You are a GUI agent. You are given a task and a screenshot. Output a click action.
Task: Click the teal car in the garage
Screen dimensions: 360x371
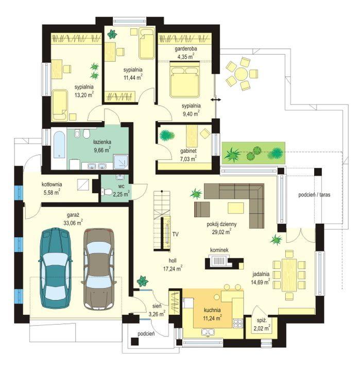pos(56,268)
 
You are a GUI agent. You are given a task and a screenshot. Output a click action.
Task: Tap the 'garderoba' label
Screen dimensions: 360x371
pos(186,49)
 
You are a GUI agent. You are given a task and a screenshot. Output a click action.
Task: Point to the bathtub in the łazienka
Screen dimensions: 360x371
pos(59,145)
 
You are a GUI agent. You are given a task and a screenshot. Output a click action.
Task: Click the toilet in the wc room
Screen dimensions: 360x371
pos(107,191)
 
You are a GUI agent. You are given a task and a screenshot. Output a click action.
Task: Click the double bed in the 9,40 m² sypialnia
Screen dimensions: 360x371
pos(184,79)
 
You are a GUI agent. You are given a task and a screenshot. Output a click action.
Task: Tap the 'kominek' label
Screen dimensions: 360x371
pos(219,250)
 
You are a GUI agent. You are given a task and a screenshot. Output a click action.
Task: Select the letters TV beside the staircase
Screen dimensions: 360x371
pos(175,234)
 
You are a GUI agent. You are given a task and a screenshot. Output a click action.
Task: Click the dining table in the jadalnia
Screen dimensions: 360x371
pos(289,275)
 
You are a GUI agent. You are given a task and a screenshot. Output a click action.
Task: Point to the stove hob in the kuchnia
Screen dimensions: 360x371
pos(238,324)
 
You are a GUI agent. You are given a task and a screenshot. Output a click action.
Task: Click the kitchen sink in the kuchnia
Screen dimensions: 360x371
pos(208,332)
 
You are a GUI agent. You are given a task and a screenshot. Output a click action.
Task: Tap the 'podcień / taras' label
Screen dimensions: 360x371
pos(314,195)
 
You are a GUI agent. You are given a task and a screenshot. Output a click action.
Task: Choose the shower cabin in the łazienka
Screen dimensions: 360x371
pos(121,162)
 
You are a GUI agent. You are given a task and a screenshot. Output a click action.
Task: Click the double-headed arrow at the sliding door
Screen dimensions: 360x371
pos(216,100)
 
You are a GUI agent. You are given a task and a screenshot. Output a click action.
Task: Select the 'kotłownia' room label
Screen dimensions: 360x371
pos(52,184)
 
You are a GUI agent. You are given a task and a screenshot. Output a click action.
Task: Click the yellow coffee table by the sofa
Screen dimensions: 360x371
pos(236,208)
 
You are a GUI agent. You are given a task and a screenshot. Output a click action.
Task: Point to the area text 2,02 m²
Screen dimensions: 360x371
pos(262,328)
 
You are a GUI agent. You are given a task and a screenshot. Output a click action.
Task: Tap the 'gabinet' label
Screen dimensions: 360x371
pos(188,150)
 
